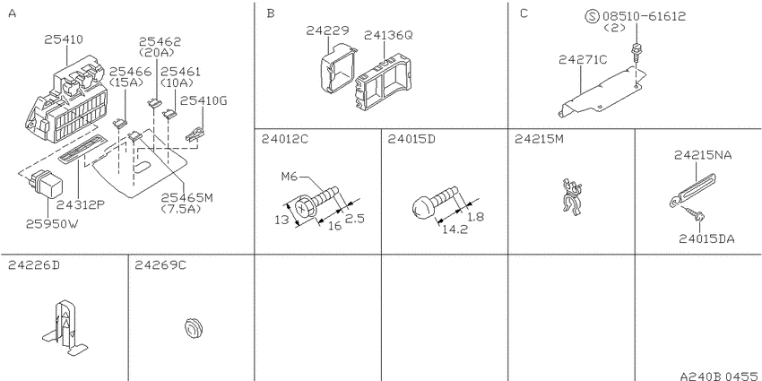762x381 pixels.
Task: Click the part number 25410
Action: click(64, 39)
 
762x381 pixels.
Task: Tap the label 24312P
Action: click(80, 204)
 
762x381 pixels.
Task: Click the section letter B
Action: click(271, 13)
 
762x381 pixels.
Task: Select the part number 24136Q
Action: click(388, 35)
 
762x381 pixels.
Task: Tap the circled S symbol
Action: click(593, 16)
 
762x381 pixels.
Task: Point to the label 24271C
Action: click(583, 59)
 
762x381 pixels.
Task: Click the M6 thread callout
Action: click(290, 177)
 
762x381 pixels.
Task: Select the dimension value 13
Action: click(281, 219)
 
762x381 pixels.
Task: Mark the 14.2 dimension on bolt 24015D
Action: click(455, 229)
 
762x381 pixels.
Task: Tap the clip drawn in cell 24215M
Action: click(572, 196)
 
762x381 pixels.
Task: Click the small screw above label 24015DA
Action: click(697, 214)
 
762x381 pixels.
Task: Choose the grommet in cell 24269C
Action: click(194, 327)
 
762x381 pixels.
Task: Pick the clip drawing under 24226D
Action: click(65, 327)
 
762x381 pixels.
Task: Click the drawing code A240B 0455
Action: click(718, 376)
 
